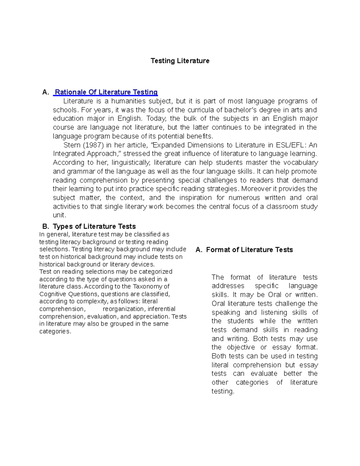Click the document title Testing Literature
[x=180, y=61]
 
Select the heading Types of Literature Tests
[x=94, y=226]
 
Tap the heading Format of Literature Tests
[x=249, y=250]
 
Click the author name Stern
[x=72, y=145]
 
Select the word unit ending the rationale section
[x=59, y=215]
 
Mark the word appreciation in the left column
[x=151, y=316]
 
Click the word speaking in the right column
[x=226, y=312]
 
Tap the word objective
[x=241, y=347]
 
